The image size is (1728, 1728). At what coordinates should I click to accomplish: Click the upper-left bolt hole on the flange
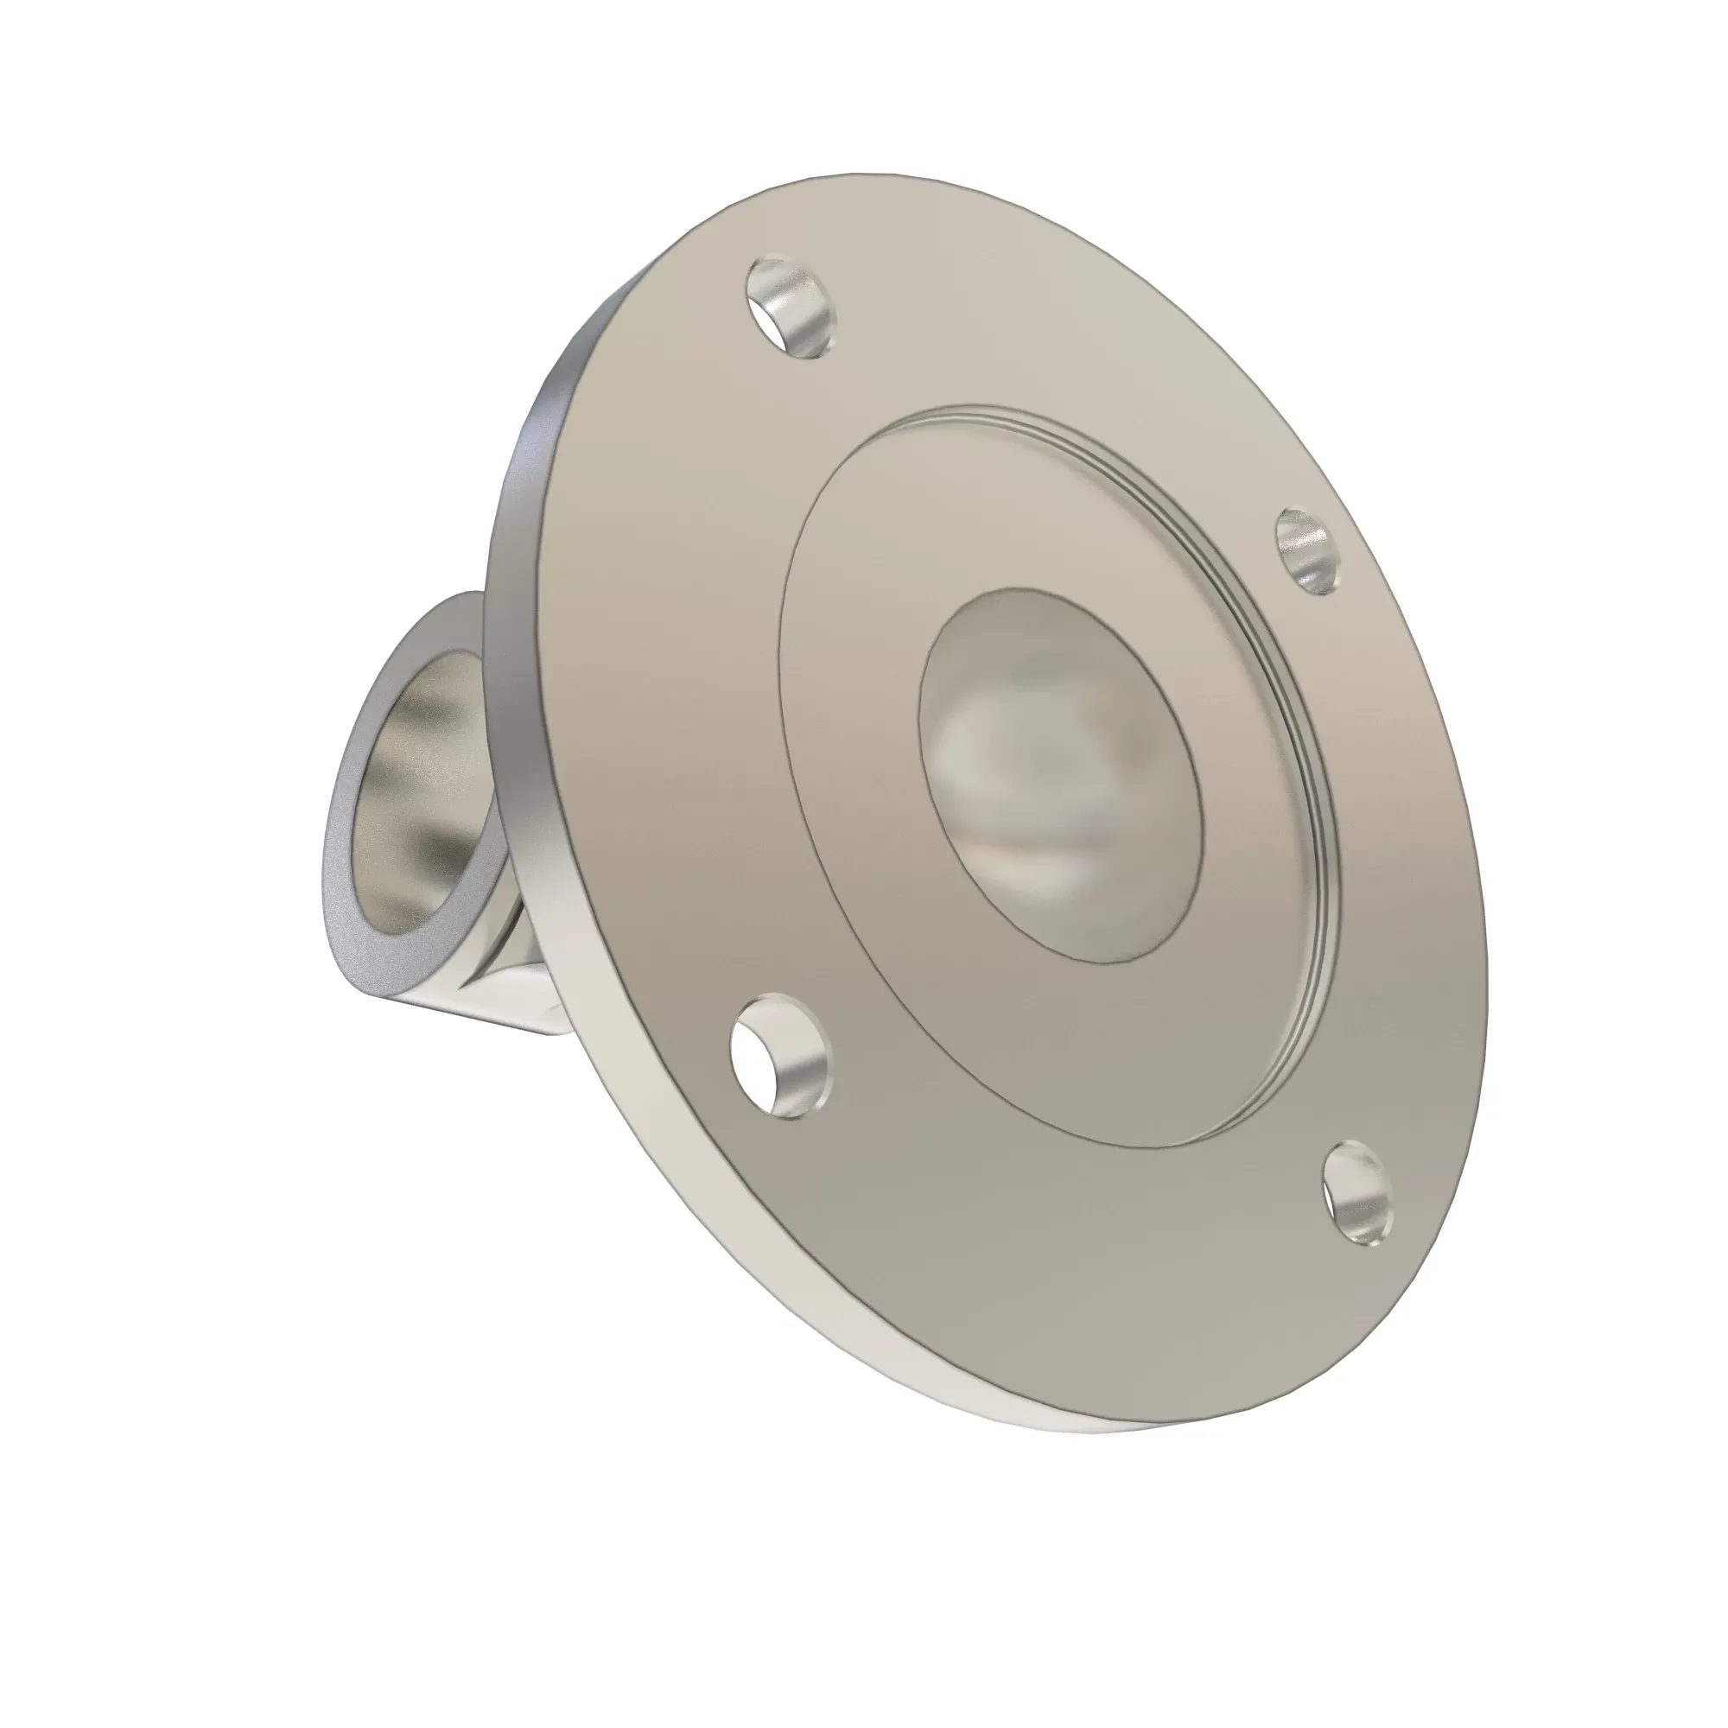791,308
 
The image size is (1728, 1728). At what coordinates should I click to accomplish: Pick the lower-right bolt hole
1357,1197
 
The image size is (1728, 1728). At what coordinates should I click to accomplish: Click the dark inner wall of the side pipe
384,787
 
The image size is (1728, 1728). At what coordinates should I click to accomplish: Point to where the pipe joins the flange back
528,966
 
